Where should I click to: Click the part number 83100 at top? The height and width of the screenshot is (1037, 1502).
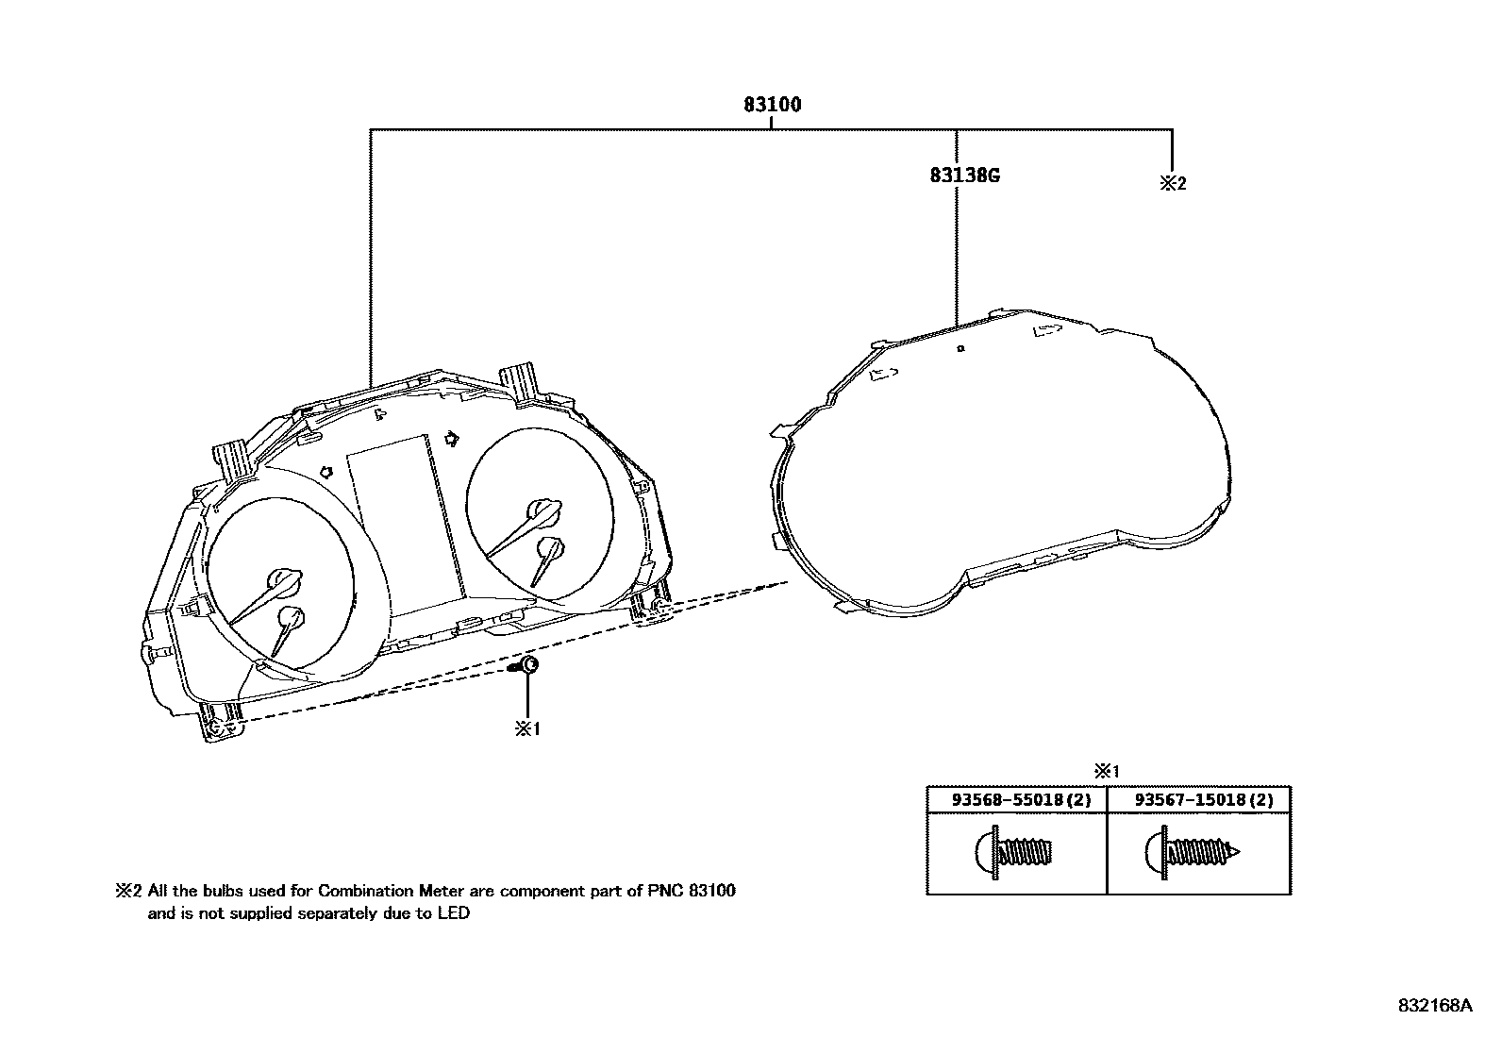tap(772, 105)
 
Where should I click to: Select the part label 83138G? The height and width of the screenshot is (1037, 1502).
tap(963, 176)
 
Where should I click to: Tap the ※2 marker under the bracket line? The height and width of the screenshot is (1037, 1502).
tap(1172, 184)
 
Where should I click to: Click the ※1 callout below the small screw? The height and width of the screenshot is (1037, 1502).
tap(526, 729)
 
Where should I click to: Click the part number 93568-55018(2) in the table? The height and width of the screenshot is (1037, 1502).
tap(1020, 800)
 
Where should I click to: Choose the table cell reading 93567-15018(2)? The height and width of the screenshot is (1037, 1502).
tap(1203, 800)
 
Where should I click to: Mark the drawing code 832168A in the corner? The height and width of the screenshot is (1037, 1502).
tap(1434, 1006)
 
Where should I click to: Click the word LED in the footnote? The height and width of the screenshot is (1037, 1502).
tap(453, 913)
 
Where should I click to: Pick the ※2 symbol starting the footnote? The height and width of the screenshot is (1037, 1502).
tap(129, 891)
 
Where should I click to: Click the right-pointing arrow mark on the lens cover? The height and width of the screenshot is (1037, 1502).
tap(1046, 330)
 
